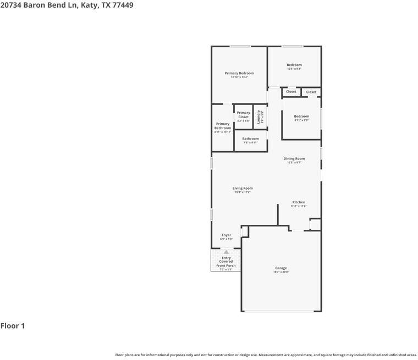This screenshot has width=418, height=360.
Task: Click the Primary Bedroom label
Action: [x=239, y=73]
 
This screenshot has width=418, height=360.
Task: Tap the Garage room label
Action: [x=281, y=268]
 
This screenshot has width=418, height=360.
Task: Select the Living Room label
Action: [x=243, y=188]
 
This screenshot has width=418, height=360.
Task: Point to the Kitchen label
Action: [x=299, y=202]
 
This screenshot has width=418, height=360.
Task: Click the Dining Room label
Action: [x=294, y=158]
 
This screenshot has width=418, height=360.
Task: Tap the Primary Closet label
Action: [x=243, y=115]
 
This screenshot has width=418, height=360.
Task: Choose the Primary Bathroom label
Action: [x=223, y=126]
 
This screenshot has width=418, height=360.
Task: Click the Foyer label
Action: [x=226, y=235]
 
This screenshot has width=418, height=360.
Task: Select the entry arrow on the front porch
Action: [x=226, y=252]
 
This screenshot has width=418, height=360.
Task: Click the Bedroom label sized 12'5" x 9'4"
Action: [x=294, y=65]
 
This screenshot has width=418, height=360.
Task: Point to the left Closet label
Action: [x=291, y=92]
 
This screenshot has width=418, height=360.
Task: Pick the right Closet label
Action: [x=311, y=92]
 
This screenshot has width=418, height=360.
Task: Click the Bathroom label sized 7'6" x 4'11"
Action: [x=250, y=139]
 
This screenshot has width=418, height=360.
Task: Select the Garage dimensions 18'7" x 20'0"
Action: [x=281, y=272]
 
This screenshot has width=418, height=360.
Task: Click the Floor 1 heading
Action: [x=13, y=326]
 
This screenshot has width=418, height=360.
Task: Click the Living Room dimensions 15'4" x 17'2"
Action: [x=243, y=192]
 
